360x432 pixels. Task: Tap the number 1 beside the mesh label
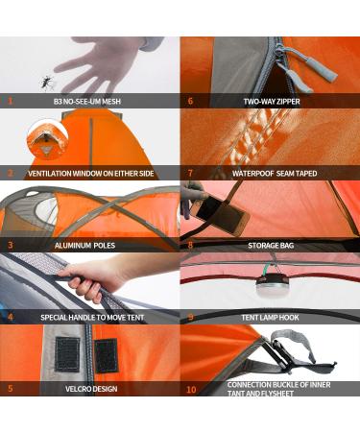(11, 101)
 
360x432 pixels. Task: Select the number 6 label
(190, 101)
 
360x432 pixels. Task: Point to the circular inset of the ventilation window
(48, 138)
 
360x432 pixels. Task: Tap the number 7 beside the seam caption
(190, 173)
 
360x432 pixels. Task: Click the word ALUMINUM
(73, 246)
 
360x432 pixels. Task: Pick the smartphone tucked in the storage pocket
(222, 215)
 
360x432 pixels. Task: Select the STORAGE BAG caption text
(271, 246)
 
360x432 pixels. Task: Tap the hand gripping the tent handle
(91, 278)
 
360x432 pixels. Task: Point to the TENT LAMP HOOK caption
(270, 318)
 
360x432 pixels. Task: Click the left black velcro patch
(67, 355)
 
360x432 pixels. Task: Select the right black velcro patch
(106, 355)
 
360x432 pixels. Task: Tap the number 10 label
(191, 390)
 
